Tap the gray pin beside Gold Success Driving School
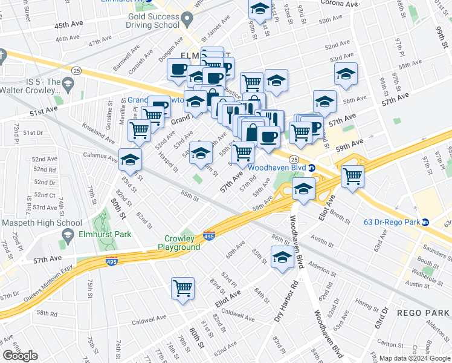(x=187, y=19)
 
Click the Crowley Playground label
(x=179, y=243)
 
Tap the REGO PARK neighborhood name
(x=422, y=312)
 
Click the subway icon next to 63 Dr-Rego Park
(x=425, y=222)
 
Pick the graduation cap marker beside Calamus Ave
(x=130, y=160)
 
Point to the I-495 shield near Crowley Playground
(x=209, y=235)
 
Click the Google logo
(x=21, y=355)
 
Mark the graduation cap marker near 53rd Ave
(x=346, y=74)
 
